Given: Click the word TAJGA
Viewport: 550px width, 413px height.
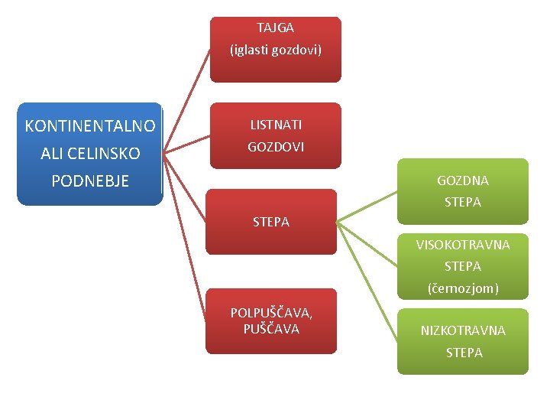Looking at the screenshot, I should (x=275, y=28).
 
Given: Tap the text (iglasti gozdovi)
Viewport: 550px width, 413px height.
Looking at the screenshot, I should (x=276, y=50).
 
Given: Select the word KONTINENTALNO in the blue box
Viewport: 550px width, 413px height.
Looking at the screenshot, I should (x=90, y=126).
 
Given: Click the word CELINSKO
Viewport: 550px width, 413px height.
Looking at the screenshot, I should (x=104, y=154).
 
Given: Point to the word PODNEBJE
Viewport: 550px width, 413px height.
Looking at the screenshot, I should (x=90, y=181).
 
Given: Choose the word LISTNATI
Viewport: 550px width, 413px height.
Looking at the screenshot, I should (x=276, y=124).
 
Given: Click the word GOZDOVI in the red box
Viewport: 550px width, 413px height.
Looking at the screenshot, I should (x=276, y=147).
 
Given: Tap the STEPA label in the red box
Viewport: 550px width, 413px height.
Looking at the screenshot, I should (x=271, y=223).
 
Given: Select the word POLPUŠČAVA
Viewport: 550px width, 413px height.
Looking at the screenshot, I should (x=271, y=313).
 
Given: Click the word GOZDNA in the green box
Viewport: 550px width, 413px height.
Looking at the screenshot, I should (x=462, y=181).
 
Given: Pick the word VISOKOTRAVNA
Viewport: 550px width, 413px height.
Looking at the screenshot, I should (x=462, y=246).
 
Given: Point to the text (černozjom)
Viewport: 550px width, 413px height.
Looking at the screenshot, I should (x=462, y=289).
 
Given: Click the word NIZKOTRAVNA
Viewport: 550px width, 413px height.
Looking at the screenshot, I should (x=462, y=331).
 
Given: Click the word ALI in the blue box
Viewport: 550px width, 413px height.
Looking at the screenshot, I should (x=52, y=154).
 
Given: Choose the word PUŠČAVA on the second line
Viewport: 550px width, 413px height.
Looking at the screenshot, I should (x=271, y=330).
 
